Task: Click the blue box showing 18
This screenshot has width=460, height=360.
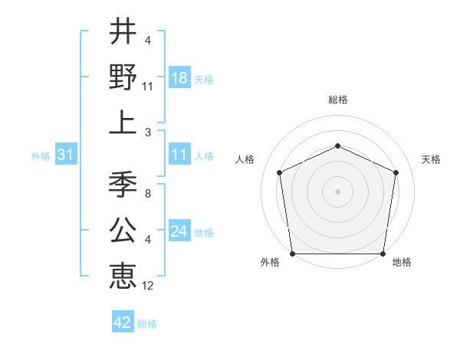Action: [x=179, y=77]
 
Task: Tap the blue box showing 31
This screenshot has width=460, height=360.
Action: [x=66, y=155]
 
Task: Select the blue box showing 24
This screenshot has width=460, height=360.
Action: [x=179, y=232]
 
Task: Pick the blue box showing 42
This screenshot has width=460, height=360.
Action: [x=123, y=322]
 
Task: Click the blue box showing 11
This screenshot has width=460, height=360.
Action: [x=179, y=155]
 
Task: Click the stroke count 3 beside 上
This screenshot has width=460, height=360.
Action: [x=148, y=132]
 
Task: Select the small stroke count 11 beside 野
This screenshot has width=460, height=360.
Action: [x=148, y=87]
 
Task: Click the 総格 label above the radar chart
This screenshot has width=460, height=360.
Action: [x=337, y=100]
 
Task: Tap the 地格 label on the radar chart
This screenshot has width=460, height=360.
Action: [x=402, y=262]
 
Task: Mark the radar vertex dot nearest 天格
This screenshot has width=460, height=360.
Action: [x=396, y=172]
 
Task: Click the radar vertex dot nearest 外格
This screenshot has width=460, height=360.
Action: [x=292, y=254]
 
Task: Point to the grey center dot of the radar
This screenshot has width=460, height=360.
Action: [x=337, y=191]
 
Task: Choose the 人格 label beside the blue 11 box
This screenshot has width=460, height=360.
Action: [x=204, y=156]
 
